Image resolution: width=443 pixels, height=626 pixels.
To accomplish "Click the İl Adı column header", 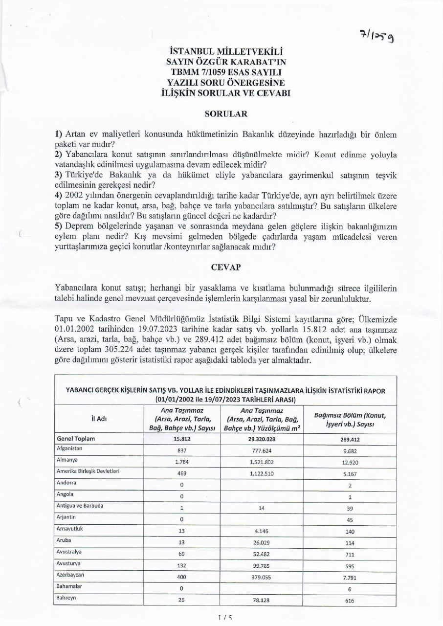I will click(99, 419).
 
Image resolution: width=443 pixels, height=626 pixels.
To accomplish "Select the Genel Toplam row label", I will click(76, 439).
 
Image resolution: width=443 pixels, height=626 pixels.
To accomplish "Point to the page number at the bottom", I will click(221, 618).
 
